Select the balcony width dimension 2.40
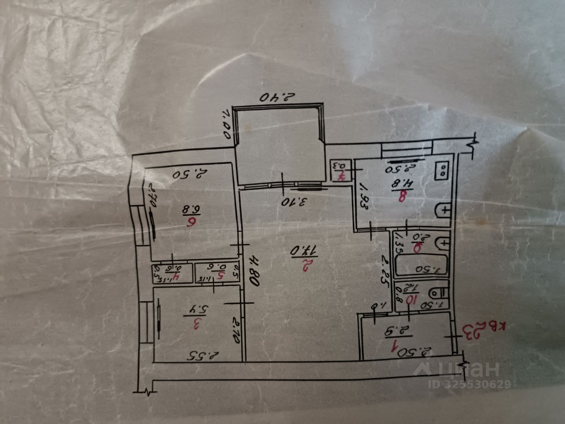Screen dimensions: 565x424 coord(277,97)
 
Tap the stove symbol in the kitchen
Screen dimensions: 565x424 coord(442,170)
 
